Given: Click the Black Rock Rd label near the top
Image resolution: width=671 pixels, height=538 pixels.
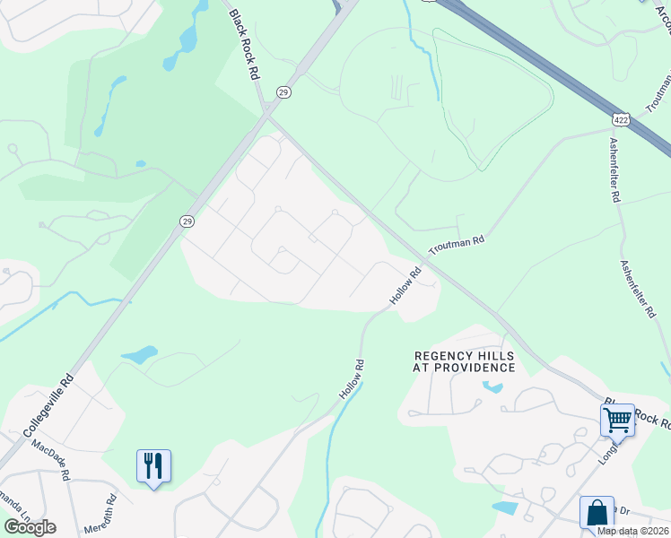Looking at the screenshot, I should (243, 45).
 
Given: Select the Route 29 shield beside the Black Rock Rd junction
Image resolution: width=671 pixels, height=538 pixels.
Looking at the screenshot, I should (283, 92).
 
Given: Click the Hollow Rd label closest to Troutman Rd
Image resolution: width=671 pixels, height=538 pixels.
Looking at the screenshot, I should (406, 285).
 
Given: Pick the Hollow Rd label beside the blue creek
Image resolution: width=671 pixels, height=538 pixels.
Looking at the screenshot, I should (352, 379).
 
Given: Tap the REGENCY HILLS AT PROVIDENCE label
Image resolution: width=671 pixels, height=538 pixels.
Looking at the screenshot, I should (464, 361).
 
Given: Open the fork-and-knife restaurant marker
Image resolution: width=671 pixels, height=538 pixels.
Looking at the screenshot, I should (153, 465).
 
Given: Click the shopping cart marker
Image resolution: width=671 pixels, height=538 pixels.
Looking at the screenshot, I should (617, 420).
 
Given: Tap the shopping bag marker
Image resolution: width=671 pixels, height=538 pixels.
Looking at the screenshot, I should (597, 513).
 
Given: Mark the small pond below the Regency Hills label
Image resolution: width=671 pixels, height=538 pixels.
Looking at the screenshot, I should (491, 387).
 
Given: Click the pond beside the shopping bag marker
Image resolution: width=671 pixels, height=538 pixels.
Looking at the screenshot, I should (505, 508).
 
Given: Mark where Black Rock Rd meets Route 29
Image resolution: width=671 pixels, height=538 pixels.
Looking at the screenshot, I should (266, 112).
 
